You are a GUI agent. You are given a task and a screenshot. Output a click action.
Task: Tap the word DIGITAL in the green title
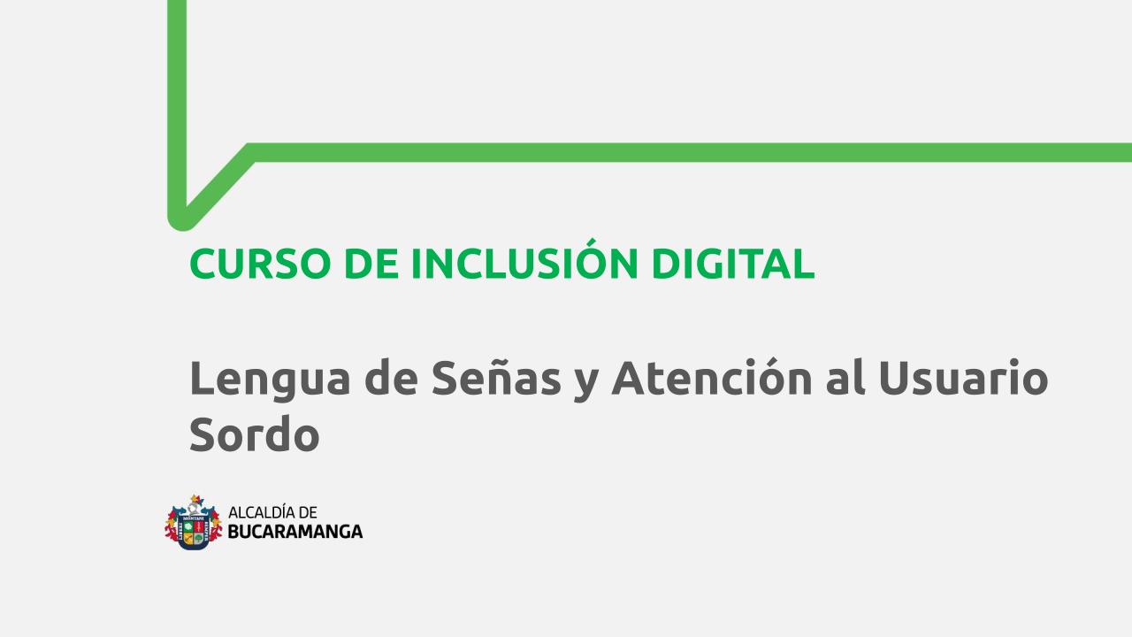tap(733, 264)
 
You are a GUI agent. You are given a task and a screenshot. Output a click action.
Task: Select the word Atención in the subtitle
tap(712, 377)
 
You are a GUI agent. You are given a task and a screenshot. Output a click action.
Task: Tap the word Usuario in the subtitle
tap(964, 377)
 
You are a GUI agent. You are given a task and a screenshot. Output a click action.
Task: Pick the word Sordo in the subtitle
tap(254, 434)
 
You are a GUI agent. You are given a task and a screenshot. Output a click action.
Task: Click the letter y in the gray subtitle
tap(586, 385)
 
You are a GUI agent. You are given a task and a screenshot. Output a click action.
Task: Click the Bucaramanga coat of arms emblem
tap(194, 522)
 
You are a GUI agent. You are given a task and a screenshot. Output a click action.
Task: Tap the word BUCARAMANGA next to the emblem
tap(295, 532)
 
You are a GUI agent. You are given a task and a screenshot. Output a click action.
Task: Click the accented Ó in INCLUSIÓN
tap(593, 259)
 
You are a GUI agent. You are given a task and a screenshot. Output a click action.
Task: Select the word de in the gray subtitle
tap(391, 377)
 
